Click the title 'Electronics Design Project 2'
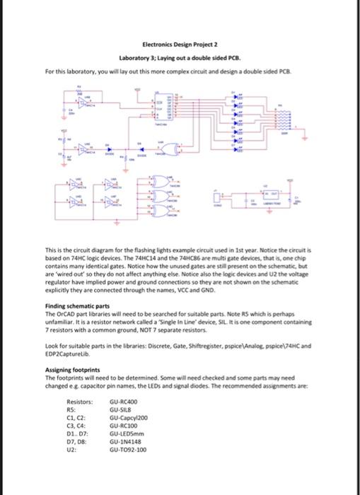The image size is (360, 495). (180, 42)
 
